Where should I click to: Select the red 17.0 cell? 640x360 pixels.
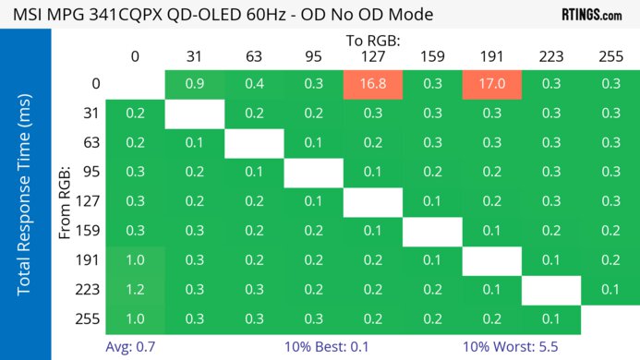pos(491,84)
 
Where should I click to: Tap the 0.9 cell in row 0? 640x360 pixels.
pos(194,84)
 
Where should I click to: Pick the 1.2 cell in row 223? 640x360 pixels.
pos(135,290)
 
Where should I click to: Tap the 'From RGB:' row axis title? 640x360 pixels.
pos(66,201)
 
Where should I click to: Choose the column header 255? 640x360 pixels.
pos(610,56)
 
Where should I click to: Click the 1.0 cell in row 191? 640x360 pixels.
pos(135,260)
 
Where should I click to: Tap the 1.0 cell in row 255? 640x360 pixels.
pos(135,319)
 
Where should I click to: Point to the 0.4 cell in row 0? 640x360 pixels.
pos(253,84)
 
